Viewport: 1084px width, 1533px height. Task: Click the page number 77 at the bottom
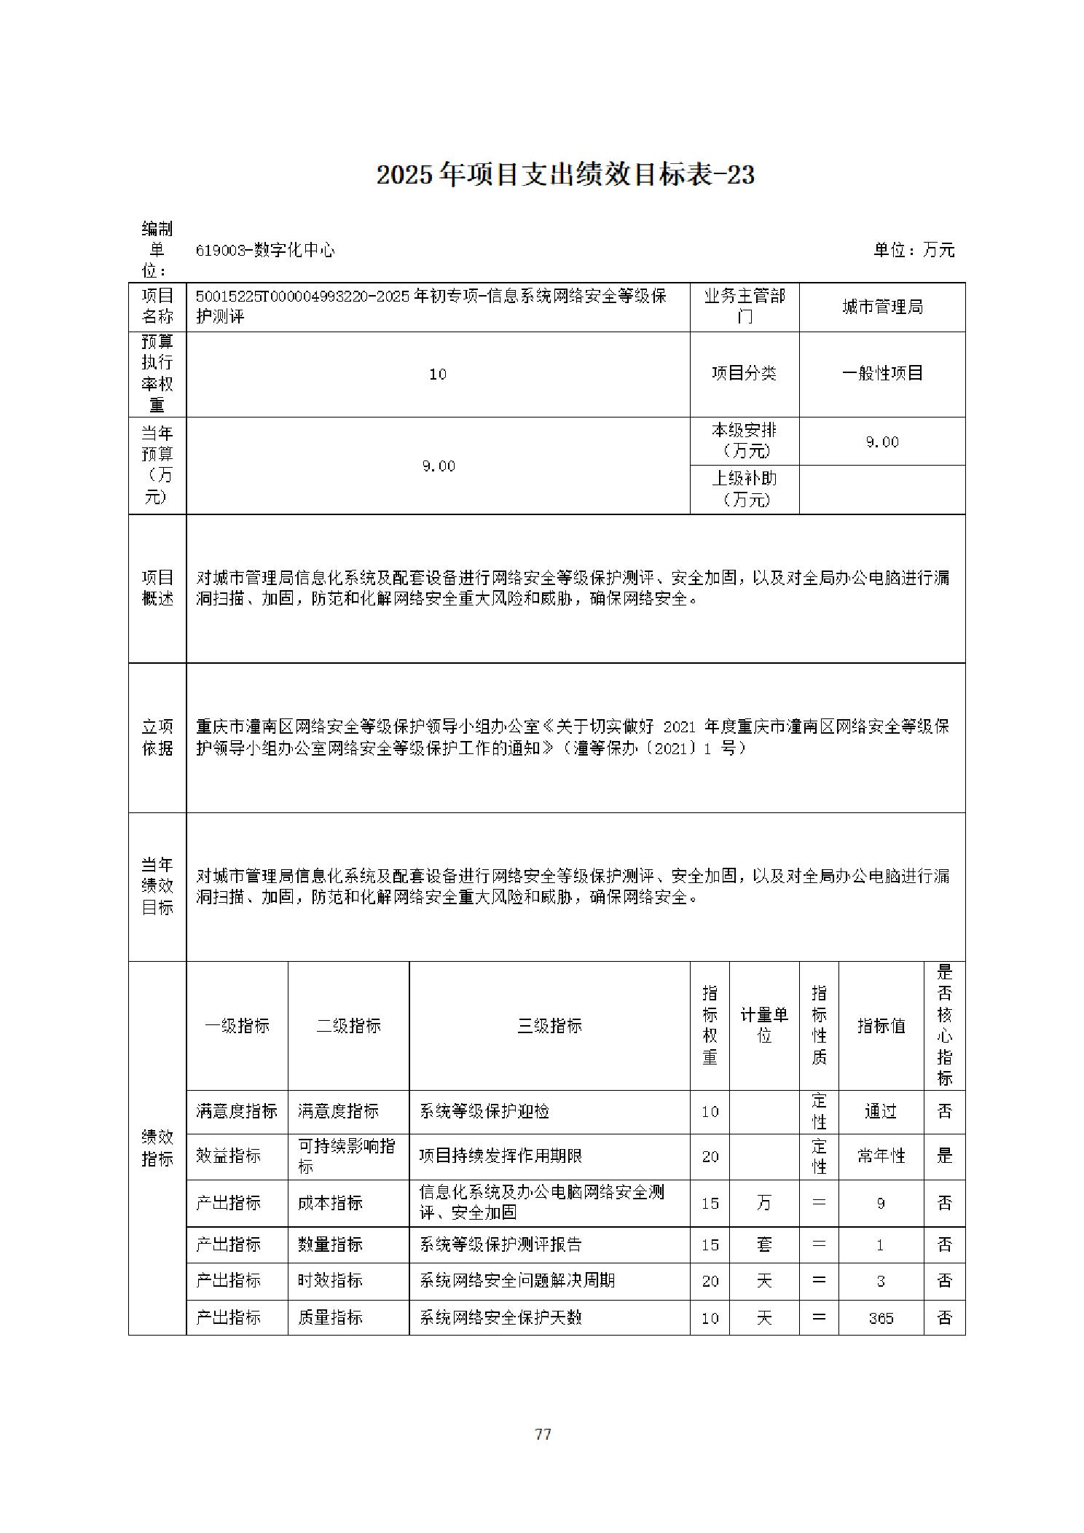click(x=543, y=1434)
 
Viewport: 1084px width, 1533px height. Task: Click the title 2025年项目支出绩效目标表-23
click(x=565, y=175)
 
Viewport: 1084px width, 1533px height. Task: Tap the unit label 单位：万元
click(x=914, y=250)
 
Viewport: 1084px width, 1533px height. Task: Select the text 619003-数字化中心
click(x=265, y=250)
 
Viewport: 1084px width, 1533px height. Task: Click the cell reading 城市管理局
click(x=882, y=307)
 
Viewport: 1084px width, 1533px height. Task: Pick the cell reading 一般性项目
click(x=882, y=374)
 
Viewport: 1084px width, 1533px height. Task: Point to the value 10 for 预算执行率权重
click(x=438, y=375)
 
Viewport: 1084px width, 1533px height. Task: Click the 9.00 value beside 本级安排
click(x=882, y=442)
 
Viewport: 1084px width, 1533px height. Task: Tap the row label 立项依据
click(x=157, y=737)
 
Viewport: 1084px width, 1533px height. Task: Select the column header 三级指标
click(x=549, y=1026)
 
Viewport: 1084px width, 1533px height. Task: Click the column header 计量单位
click(x=764, y=1025)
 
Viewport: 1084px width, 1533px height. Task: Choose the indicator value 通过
click(x=881, y=1111)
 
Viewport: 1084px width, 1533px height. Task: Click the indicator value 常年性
click(x=881, y=1156)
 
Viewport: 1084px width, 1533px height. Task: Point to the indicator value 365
click(x=881, y=1318)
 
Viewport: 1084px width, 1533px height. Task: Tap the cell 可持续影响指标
click(x=347, y=1156)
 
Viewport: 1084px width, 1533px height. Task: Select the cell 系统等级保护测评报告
click(x=501, y=1244)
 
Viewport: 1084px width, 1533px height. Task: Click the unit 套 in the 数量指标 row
click(x=764, y=1244)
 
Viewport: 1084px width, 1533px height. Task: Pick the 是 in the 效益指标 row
click(x=944, y=1156)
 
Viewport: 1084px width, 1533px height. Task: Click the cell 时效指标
click(x=330, y=1280)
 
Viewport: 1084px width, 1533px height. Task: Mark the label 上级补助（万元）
click(x=745, y=489)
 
